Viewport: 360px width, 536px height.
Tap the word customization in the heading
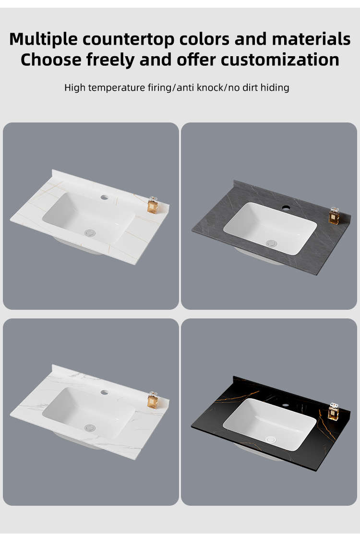coord(280,60)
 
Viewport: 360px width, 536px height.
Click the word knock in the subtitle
coord(210,87)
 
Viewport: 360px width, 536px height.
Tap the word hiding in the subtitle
coord(275,87)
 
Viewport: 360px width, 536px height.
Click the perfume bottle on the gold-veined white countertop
coord(153,205)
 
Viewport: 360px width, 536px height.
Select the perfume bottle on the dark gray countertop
coord(334,216)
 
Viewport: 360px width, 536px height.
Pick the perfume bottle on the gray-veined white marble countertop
coord(153,400)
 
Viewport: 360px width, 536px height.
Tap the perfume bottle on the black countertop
coord(333,412)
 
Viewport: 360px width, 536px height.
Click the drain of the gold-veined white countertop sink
coord(90,233)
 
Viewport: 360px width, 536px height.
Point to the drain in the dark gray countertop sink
coord(272,244)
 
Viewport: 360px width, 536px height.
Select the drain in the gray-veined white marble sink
coord(90,427)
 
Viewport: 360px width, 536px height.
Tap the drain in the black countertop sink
coord(271,439)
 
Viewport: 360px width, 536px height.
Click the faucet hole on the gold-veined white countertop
coord(105,197)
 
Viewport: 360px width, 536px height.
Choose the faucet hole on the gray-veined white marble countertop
coord(105,392)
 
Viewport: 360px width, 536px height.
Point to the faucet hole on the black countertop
coord(285,405)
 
